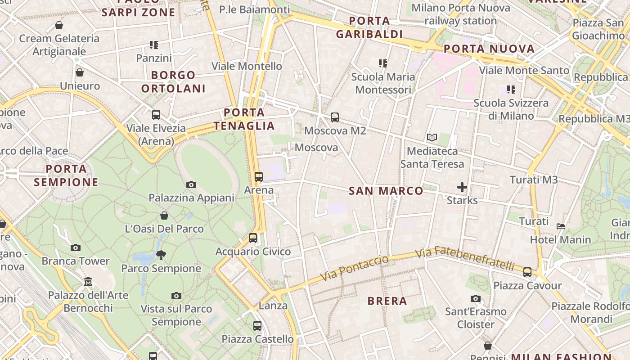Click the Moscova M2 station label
[x=335, y=131]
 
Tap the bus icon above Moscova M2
[x=334, y=117]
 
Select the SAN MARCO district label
[x=386, y=191]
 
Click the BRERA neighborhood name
[x=387, y=301]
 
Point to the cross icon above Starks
[x=462, y=187]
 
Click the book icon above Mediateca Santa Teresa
[x=432, y=138]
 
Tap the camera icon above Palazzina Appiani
[x=191, y=184]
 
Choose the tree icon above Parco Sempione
[x=161, y=255]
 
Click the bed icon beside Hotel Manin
[x=561, y=226]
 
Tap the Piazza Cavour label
[x=527, y=286]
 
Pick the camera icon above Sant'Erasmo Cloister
[x=476, y=298]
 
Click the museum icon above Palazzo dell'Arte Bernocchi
[x=88, y=282]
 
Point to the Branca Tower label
[x=76, y=261]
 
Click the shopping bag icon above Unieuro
[x=80, y=72]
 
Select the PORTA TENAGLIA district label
[x=244, y=119]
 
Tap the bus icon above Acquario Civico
[x=253, y=238]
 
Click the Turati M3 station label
[x=534, y=180]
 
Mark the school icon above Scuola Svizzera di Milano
[x=511, y=90]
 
